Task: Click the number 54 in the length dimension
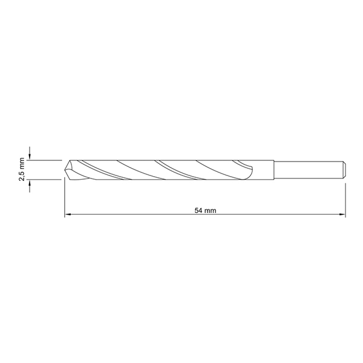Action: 198,211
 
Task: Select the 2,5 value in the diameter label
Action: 22,175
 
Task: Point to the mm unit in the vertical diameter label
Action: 22,163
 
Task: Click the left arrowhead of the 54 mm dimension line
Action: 67,214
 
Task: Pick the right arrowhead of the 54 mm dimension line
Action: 342,214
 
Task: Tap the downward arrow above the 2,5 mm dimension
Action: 30,153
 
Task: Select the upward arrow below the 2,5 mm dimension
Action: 30,186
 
